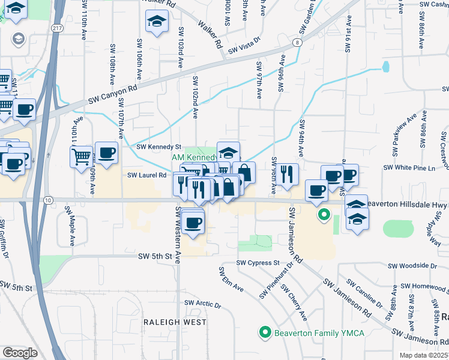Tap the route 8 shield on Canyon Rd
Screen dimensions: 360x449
(297, 42)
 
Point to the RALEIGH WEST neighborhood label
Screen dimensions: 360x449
(175, 322)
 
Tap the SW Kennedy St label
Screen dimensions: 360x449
(158, 146)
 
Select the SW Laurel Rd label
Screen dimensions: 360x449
(146, 175)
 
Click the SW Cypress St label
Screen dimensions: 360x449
(258, 263)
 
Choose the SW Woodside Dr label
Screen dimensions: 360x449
(412, 265)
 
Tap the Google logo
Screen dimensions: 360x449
(20, 353)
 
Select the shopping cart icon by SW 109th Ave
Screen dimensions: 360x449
(81, 158)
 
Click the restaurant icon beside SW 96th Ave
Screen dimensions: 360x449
(288, 174)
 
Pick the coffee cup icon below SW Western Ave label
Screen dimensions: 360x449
(193, 223)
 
